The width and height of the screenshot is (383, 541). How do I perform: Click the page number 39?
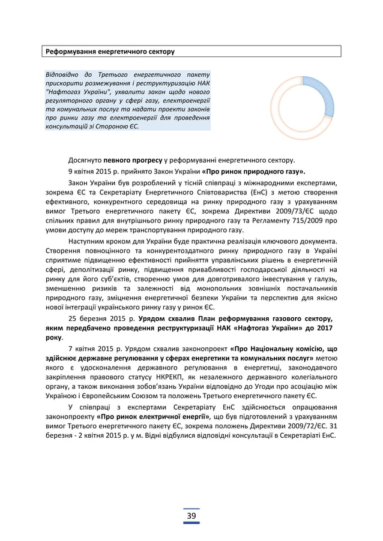[x=191, y=517]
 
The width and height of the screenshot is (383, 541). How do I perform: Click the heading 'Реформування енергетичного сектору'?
[x=111, y=52]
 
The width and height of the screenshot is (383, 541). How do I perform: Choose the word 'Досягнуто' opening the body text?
[x=85, y=160]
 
